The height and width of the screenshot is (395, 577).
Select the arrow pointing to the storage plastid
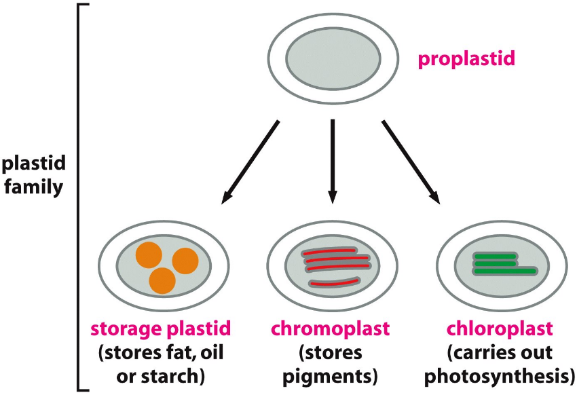click(250, 162)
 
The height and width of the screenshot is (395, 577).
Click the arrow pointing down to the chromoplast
click(333, 160)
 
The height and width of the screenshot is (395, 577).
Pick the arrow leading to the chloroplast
click(410, 160)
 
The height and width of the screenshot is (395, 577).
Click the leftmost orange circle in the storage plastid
click(149, 255)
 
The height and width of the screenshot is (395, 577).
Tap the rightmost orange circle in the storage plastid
click(185, 261)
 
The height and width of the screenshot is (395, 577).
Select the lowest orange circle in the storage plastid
click(162, 280)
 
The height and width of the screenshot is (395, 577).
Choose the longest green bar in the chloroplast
click(506, 271)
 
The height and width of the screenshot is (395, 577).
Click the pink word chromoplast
click(331, 330)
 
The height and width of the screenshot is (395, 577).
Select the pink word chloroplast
click(500, 330)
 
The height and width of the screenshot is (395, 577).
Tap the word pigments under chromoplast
click(331, 375)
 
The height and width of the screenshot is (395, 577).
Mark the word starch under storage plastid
click(178, 375)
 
